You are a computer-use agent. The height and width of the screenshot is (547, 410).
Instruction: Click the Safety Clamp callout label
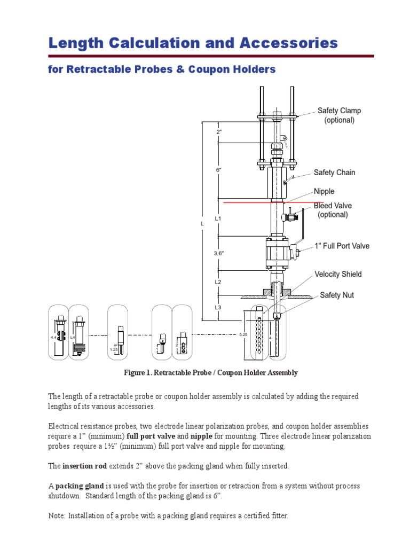tap(339, 115)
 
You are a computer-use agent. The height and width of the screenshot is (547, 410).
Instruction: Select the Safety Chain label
tap(334, 173)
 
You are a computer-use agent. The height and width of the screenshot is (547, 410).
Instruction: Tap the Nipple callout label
tap(324, 191)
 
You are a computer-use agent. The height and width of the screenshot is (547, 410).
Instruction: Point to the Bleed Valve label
tap(333, 210)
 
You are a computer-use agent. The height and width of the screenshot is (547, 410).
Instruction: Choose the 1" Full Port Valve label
tap(341, 246)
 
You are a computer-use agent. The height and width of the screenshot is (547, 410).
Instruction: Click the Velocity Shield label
tap(338, 274)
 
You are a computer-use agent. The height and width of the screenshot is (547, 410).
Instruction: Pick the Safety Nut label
tap(336, 295)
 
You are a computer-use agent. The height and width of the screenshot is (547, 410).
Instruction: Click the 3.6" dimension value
tap(219, 254)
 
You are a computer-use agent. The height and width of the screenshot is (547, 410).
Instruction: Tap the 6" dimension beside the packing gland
tap(218, 169)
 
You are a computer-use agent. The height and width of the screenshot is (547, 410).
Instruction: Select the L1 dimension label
tap(218, 219)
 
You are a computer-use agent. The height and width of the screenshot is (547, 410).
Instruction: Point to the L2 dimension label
tap(218, 282)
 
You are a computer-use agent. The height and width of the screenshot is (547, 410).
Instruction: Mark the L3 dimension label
tap(218, 308)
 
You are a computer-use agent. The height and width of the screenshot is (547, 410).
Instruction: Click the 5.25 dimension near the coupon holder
tap(243, 334)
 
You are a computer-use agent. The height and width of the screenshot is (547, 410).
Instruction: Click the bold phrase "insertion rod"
tap(85, 466)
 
